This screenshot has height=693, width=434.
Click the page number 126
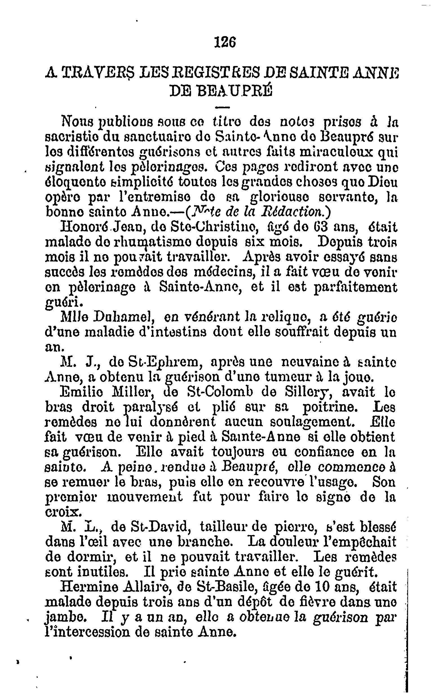click(225, 43)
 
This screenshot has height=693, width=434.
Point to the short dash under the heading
click(222, 107)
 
